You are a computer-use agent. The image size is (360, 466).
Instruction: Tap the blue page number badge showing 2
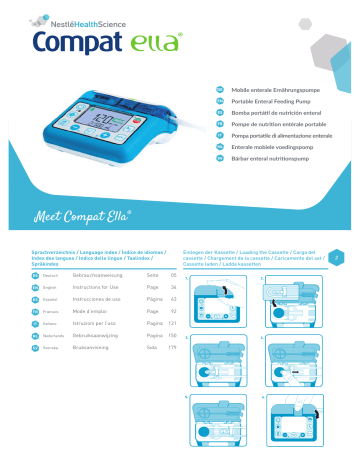(x=336, y=257)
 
